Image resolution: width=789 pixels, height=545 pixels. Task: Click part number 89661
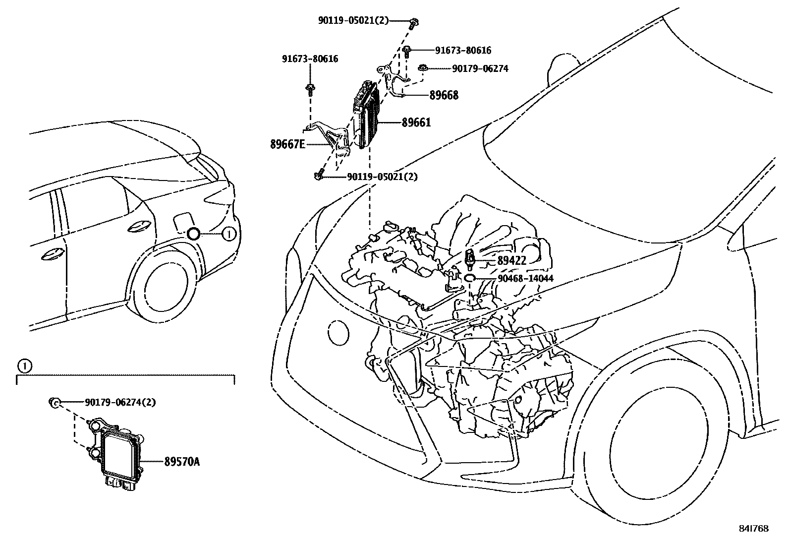409,122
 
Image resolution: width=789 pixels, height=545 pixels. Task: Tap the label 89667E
288,144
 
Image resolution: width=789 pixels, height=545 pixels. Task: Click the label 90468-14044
525,279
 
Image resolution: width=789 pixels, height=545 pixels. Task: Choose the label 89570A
182,462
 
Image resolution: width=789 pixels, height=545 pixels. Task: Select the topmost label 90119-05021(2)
353,20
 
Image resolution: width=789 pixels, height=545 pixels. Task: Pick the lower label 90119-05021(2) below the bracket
382,177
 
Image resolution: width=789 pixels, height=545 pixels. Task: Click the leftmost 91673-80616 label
311,59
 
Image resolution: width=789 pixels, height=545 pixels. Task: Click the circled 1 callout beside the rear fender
228,234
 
